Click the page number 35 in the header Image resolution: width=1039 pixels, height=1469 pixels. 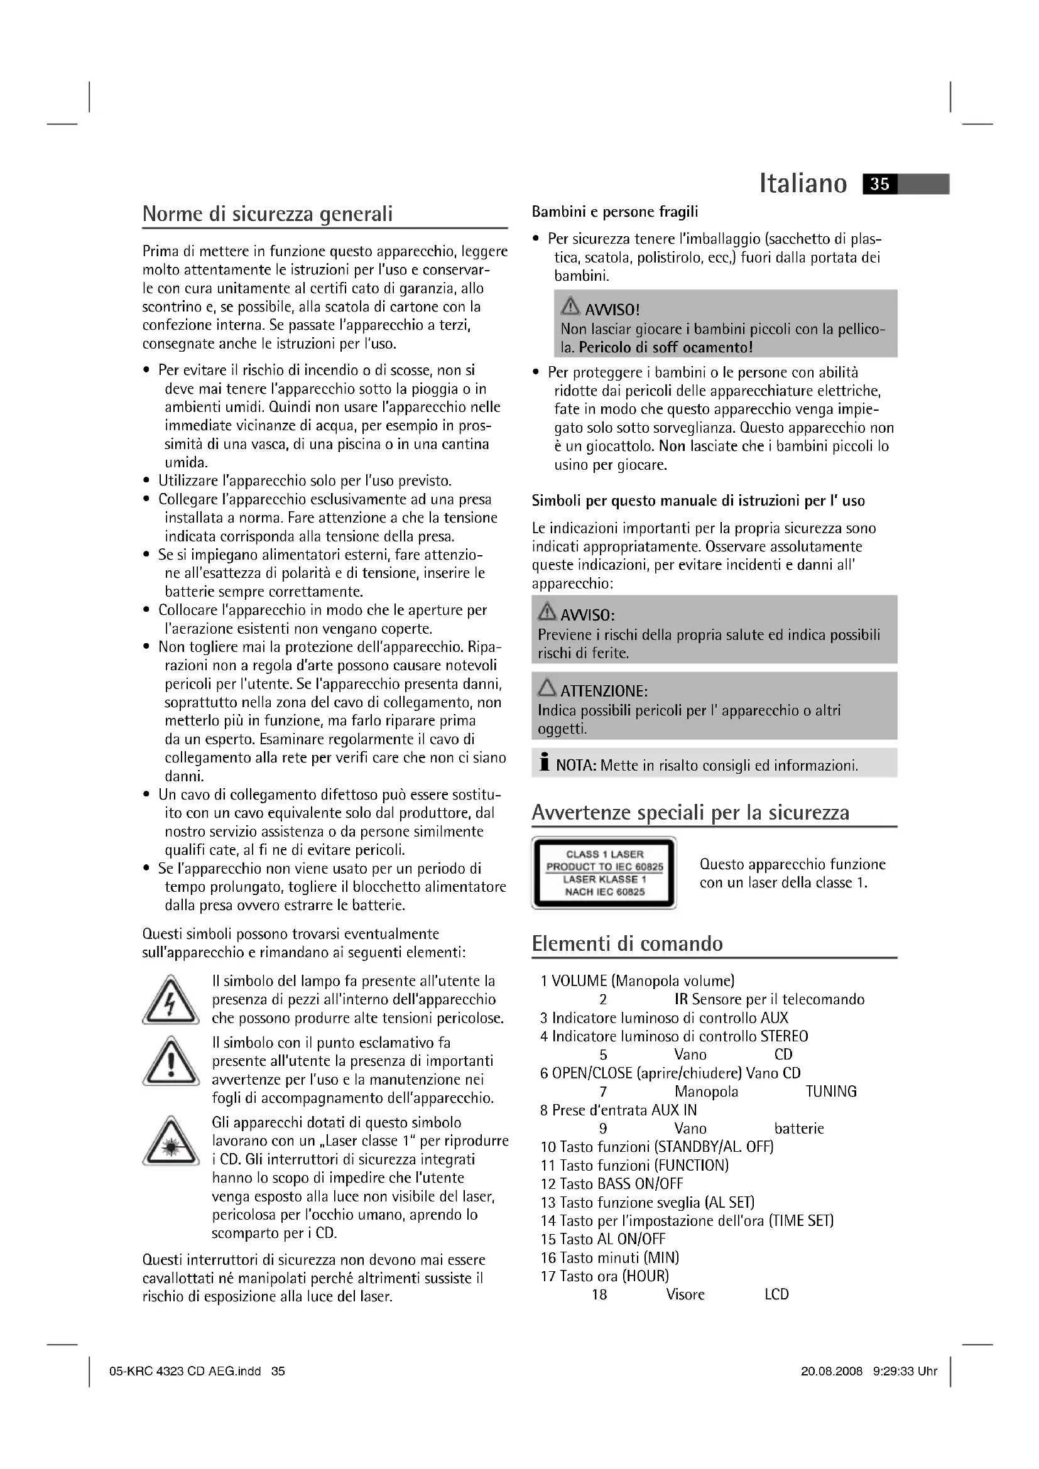[879, 184]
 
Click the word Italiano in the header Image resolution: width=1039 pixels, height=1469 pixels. [803, 183]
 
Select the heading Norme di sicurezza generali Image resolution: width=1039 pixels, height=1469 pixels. [268, 214]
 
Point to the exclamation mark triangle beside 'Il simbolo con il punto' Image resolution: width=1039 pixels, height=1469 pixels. [170, 1063]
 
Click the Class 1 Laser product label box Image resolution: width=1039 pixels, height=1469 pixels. [604, 873]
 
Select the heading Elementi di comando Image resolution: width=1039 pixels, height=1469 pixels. [627, 944]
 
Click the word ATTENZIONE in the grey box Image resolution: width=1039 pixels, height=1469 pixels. [604, 691]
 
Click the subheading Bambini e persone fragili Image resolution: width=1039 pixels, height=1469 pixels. [615, 212]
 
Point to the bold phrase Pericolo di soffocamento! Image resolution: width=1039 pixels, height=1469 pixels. [665, 347]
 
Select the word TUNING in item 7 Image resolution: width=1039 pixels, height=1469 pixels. [830, 1092]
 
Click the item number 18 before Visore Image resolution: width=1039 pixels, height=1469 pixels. [599, 1295]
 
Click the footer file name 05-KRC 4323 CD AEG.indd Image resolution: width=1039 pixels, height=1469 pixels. [185, 1371]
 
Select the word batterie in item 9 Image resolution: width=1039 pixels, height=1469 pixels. [798, 1129]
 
